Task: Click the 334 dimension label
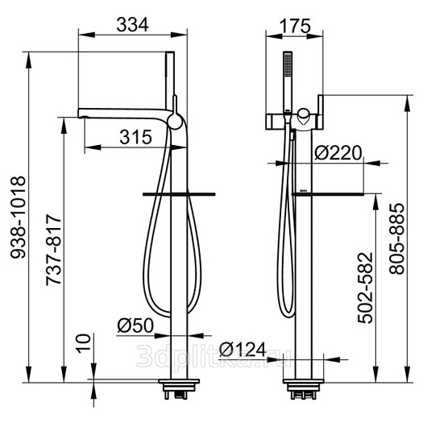[x=133, y=24]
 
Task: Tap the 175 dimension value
[x=295, y=26]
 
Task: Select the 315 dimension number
[x=135, y=137]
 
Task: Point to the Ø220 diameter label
[x=338, y=153]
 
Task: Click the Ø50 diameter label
[x=135, y=325]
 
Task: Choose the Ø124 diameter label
[x=243, y=350]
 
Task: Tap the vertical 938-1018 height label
[x=18, y=217]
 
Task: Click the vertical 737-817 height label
[x=54, y=250]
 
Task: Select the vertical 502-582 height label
[x=365, y=288]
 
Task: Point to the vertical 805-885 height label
[x=396, y=238]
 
